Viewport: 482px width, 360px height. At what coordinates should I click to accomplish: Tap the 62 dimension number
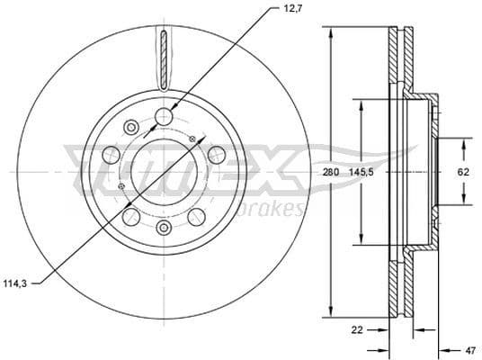463,170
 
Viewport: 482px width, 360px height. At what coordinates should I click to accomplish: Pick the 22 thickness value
357,330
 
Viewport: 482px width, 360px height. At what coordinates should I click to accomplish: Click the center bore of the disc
163,170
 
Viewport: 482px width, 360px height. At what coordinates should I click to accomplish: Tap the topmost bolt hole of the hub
164,115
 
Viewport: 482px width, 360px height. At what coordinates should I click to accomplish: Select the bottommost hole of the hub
164,227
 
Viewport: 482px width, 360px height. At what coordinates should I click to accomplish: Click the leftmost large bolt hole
112,155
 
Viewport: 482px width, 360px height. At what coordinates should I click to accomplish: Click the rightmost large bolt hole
216,155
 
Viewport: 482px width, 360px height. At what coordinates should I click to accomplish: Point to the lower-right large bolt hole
196,216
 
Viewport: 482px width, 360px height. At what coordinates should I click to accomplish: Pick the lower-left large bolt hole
131,216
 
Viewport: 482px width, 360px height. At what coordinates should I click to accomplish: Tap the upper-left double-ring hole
131,126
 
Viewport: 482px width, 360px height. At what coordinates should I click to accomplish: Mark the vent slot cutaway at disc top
164,56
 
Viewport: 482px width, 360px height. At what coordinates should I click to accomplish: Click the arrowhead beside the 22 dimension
385,330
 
